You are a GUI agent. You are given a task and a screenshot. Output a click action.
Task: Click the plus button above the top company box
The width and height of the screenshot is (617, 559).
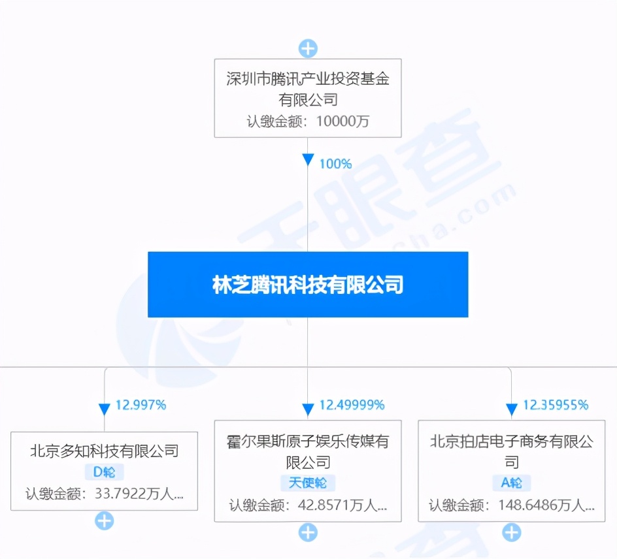(x=308, y=49)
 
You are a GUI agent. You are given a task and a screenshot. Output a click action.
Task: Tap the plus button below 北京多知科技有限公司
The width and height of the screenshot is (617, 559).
(x=105, y=521)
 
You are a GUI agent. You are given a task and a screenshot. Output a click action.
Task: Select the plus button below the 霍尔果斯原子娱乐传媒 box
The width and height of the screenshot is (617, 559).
(x=308, y=533)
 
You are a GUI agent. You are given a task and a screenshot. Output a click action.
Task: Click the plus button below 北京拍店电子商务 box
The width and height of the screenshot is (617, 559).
(x=512, y=533)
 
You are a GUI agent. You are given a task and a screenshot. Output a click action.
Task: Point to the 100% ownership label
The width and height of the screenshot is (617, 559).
(x=335, y=164)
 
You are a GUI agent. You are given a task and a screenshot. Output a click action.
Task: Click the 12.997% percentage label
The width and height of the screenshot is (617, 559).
(x=141, y=405)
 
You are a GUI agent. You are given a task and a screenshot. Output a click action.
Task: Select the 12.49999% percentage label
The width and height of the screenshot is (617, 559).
(x=352, y=405)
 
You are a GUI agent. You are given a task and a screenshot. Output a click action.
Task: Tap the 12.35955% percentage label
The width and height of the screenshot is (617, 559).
(x=555, y=405)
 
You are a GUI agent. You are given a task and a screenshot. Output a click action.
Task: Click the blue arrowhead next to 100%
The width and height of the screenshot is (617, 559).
(x=308, y=159)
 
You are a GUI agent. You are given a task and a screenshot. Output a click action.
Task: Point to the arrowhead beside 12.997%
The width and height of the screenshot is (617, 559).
(x=105, y=409)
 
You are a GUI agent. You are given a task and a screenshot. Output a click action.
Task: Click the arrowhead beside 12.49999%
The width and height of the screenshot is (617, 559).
(x=308, y=409)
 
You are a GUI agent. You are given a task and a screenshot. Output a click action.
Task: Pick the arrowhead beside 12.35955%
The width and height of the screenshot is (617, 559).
(x=512, y=409)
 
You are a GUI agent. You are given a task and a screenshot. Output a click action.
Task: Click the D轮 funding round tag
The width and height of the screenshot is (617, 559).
(x=105, y=471)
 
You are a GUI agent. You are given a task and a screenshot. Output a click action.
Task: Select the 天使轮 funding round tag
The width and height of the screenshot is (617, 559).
(x=308, y=483)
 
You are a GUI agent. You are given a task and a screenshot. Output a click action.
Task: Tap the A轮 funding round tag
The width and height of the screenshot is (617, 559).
(x=512, y=483)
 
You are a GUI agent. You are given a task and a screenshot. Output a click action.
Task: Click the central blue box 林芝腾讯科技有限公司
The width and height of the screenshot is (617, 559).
(x=308, y=284)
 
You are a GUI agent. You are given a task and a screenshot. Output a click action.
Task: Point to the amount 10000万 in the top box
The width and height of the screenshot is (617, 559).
(x=342, y=121)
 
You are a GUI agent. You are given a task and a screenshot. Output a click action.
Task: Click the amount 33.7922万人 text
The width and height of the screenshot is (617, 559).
(x=139, y=493)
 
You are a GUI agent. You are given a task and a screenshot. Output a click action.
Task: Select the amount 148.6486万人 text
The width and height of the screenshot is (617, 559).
(x=546, y=505)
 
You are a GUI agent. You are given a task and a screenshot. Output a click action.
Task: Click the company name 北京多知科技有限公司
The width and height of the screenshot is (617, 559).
(x=105, y=451)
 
